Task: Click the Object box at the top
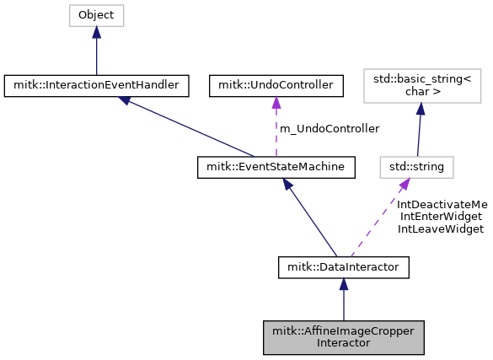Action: click(x=96, y=15)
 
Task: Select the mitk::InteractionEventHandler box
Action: click(x=96, y=84)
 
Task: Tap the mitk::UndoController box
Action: click(x=275, y=84)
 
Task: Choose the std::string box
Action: click(x=416, y=167)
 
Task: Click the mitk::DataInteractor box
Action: click(x=343, y=267)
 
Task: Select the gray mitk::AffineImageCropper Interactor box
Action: click(x=343, y=336)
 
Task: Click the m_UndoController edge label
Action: click(x=330, y=128)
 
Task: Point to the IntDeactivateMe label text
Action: click(x=442, y=204)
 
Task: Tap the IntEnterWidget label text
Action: click(x=441, y=216)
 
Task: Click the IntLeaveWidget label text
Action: click(x=441, y=228)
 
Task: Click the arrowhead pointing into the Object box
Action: click(x=96, y=32)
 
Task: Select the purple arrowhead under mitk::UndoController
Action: click(x=275, y=101)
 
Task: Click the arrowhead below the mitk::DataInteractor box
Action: click(x=343, y=285)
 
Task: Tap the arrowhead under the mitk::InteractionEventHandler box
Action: click(x=125, y=99)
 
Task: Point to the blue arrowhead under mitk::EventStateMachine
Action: click(x=292, y=185)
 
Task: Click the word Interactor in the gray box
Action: click(x=343, y=343)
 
